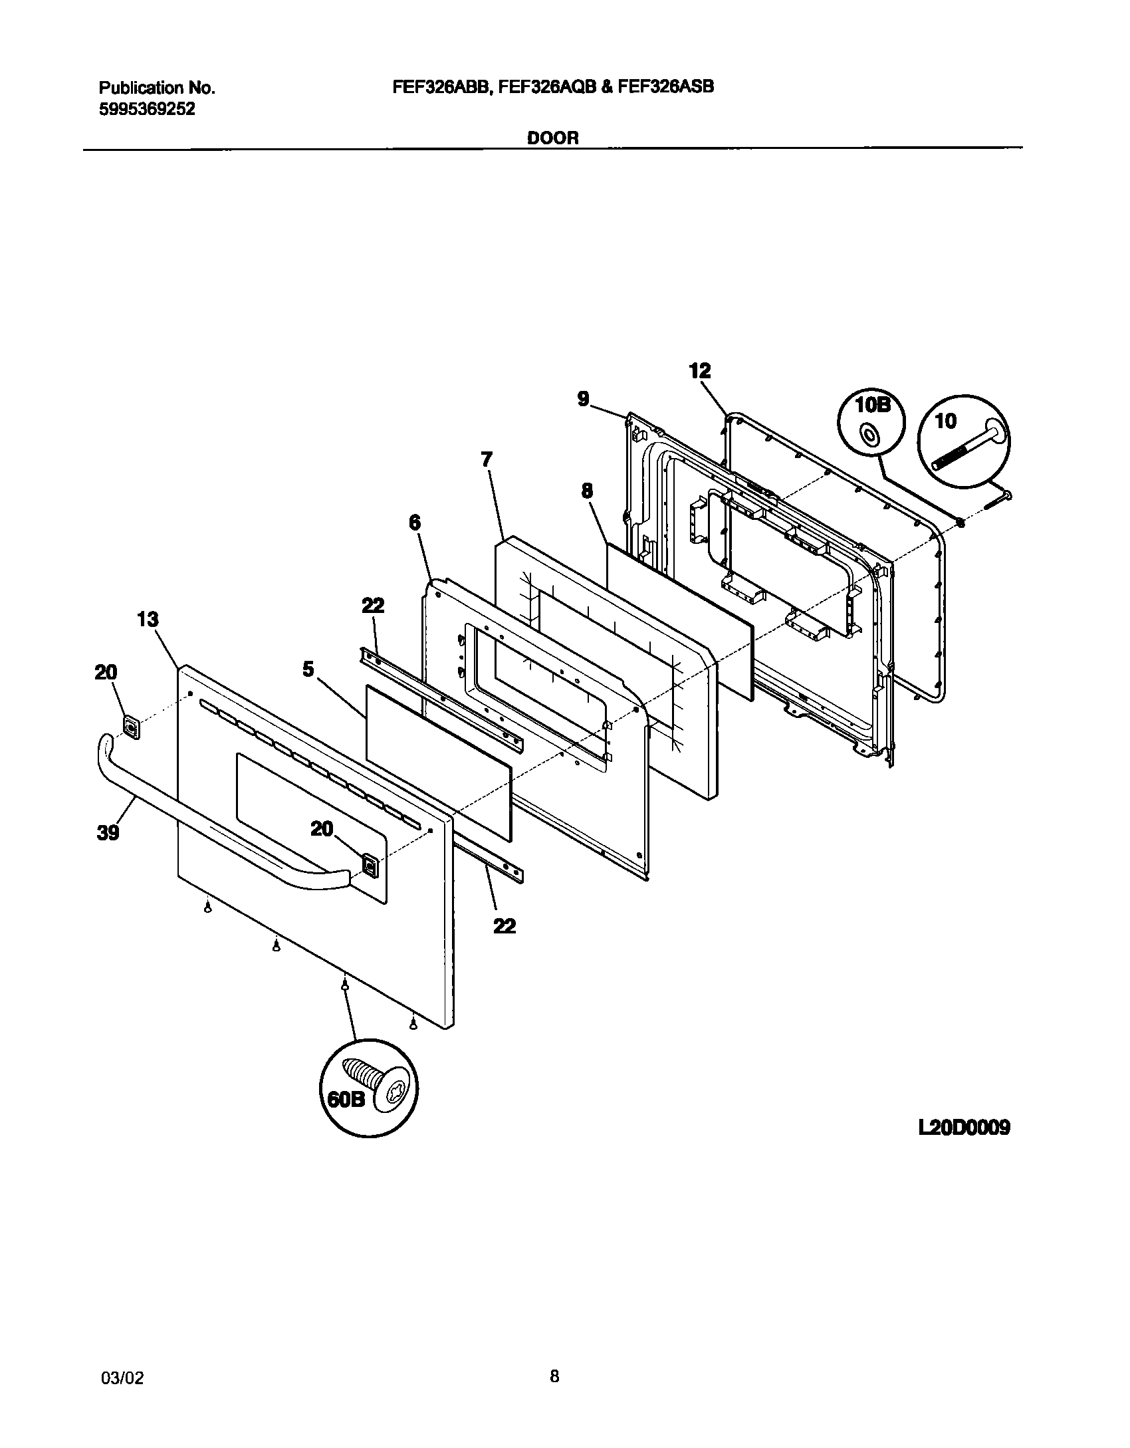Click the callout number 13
pyautogui.click(x=148, y=620)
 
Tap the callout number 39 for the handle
pyautogui.click(x=108, y=832)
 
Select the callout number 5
pyautogui.click(x=308, y=669)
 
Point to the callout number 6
pyautogui.click(x=414, y=523)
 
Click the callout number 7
pyautogui.click(x=487, y=459)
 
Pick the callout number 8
pyautogui.click(x=587, y=491)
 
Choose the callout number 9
pyautogui.click(x=582, y=400)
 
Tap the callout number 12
pyautogui.click(x=700, y=371)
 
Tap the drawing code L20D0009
pyautogui.click(x=964, y=1128)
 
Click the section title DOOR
pyautogui.click(x=553, y=138)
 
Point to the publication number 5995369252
pyautogui.click(x=147, y=110)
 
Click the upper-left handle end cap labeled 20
pyautogui.click(x=132, y=727)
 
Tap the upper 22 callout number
pyautogui.click(x=373, y=606)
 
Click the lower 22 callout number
pyautogui.click(x=505, y=925)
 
